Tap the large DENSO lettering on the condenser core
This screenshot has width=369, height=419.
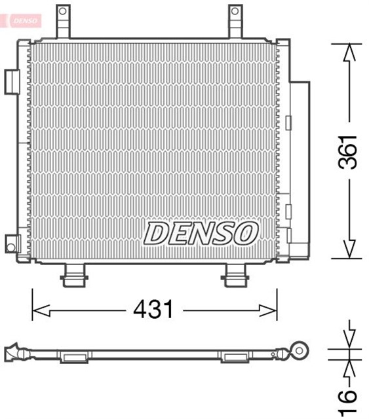[x=201, y=232]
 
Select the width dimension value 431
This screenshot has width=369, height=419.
[x=154, y=308]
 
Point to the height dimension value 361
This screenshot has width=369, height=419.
[x=349, y=152]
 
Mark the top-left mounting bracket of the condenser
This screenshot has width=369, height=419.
[x=63, y=22]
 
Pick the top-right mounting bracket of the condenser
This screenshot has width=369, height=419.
[x=236, y=22]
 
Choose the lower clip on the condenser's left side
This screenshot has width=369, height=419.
[x=12, y=243]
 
